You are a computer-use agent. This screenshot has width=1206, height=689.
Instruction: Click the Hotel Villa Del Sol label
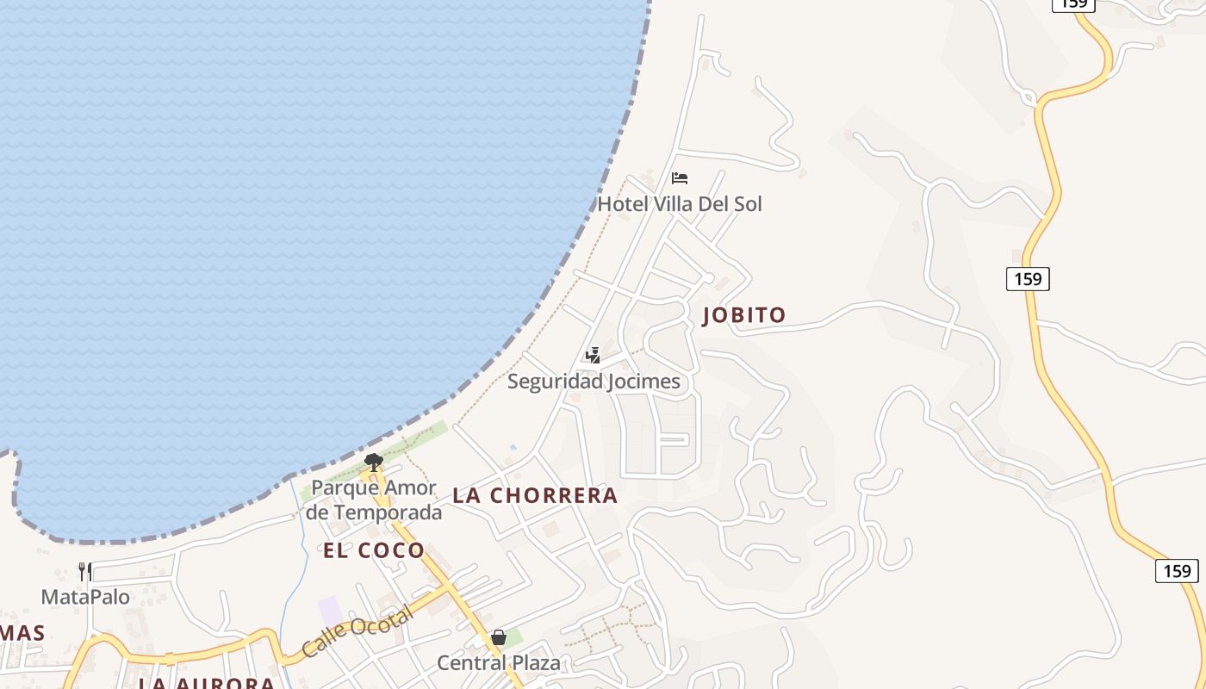pyautogui.click(x=680, y=204)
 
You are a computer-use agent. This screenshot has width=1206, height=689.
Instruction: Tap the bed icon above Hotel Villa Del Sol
pyautogui.click(x=680, y=178)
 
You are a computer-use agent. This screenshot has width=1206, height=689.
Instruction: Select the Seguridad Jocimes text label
pyautogui.click(x=594, y=381)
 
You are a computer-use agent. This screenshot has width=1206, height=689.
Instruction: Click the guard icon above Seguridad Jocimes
pyautogui.click(x=593, y=355)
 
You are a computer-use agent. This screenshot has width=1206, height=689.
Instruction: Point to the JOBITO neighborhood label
pyautogui.click(x=744, y=315)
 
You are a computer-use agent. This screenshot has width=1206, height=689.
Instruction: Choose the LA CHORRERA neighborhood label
pyautogui.click(x=535, y=495)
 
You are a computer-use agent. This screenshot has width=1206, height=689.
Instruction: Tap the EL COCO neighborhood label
pyautogui.click(x=374, y=550)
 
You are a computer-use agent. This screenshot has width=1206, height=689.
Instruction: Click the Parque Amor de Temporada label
pyautogui.click(x=374, y=500)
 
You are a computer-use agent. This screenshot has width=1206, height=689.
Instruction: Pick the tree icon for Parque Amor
pyautogui.click(x=373, y=462)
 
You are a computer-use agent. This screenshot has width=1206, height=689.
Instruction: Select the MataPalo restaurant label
pyautogui.click(x=86, y=597)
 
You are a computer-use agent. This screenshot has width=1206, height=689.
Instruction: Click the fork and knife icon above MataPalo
pyautogui.click(x=85, y=571)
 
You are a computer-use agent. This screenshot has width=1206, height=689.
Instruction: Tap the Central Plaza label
pyautogui.click(x=499, y=662)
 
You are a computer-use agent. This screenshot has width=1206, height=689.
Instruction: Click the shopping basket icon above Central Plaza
pyautogui.click(x=498, y=637)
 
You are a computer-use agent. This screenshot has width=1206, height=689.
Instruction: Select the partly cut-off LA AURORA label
pyautogui.click(x=207, y=683)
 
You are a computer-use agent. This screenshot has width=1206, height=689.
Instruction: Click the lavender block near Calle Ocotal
pyautogui.click(x=330, y=611)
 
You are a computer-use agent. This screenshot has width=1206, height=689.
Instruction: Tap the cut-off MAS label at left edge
pyautogui.click(x=22, y=634)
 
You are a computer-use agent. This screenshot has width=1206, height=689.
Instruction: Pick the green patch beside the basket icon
pyautogui.click(x=513, y=638)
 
